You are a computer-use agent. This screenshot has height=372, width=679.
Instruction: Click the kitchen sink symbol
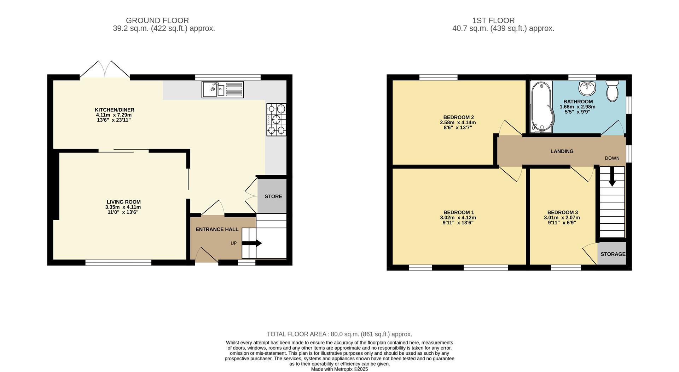pos(222,90)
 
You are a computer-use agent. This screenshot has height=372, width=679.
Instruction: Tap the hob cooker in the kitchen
pos(276,119)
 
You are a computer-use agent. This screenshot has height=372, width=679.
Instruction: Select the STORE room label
pos(273,196)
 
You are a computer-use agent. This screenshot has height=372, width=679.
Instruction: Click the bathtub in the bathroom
pos(540,107)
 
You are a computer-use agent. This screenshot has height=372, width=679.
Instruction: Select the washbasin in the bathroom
pos(587,88)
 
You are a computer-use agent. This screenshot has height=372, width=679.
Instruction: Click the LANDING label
pos(562,151)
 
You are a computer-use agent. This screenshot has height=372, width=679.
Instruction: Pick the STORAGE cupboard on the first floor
pos(612,254)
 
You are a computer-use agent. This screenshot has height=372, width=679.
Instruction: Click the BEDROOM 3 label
pos(562,212)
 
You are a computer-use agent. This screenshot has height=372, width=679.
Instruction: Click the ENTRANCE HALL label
pos(217,229)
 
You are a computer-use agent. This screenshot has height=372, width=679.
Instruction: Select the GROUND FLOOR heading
pos(157,21)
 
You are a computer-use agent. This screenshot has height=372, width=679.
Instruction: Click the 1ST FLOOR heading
pos(503,21)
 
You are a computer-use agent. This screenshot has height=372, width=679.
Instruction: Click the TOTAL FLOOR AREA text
pos(339,334)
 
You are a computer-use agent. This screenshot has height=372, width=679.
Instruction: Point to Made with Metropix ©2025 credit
pos(339,369)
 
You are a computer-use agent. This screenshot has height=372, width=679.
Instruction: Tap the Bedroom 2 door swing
pos(510,128)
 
